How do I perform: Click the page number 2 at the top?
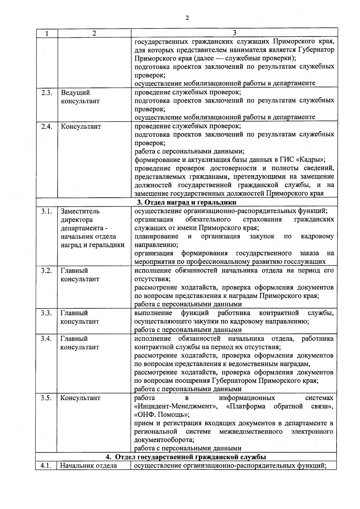coord(187,18)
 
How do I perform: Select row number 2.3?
coord(47,92)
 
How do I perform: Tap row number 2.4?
coord(47,126)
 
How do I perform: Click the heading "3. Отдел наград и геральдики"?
coord(187,202)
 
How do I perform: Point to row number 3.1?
coord(46,211)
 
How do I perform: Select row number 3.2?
coord(46,271)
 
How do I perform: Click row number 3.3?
coord(46,313)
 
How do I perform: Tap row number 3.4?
coord(46,339)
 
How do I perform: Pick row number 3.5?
coord(46,398)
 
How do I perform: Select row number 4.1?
coord(46,466)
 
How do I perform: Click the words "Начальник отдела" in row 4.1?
coord(88,466)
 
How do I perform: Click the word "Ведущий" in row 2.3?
coord(75,92)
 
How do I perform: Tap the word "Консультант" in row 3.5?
coord(80,398)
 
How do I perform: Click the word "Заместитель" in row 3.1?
coord(80,211)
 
